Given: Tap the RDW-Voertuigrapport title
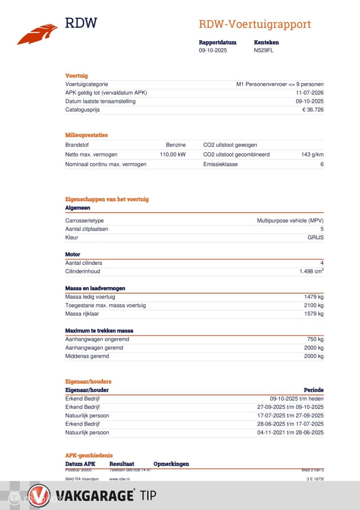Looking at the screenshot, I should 254,24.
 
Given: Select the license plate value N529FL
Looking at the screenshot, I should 264,50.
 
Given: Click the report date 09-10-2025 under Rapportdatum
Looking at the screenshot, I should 213,50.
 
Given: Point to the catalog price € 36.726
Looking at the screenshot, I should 313,110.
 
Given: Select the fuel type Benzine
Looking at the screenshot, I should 176,145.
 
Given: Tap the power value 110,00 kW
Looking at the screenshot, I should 172,155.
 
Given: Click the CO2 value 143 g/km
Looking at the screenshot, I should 312,155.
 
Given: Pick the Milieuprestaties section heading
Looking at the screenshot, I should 86,135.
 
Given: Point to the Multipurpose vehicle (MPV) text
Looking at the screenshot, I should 290,220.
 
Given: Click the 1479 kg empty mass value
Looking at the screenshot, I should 314,297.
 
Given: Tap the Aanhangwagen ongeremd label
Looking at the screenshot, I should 97,339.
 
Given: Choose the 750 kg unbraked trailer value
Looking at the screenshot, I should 315,339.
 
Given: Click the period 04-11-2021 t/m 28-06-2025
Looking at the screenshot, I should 290,433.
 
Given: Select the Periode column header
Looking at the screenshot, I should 313,390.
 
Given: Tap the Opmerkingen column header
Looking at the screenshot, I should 171,464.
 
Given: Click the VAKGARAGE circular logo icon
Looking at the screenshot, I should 39,496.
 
